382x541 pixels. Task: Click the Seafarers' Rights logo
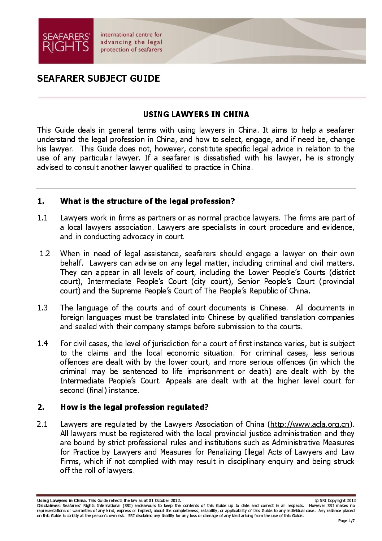click(66, 41)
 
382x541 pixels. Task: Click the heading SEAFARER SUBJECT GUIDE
click(98, 78)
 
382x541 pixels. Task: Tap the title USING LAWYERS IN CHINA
click(196, 115)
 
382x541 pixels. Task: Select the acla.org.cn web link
click(310, 424)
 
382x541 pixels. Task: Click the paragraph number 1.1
click(42, 218)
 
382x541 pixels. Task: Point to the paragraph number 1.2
click(45, 254)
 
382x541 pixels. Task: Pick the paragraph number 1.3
click(42, 308)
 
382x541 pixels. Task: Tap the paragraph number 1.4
click(42, 344)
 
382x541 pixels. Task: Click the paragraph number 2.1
click(42, 424)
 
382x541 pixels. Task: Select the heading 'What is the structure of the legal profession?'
click(147, 201)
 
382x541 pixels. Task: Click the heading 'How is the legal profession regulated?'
click(134, 407)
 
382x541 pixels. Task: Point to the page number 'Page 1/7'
click(346, 521)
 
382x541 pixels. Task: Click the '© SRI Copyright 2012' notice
click(335, 501)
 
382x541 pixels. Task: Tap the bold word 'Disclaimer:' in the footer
click(49, 506)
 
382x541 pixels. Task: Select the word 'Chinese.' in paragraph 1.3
click(274, 308)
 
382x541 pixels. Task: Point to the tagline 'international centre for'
click(131, 35)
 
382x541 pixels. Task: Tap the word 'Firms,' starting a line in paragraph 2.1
click(70, 461)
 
